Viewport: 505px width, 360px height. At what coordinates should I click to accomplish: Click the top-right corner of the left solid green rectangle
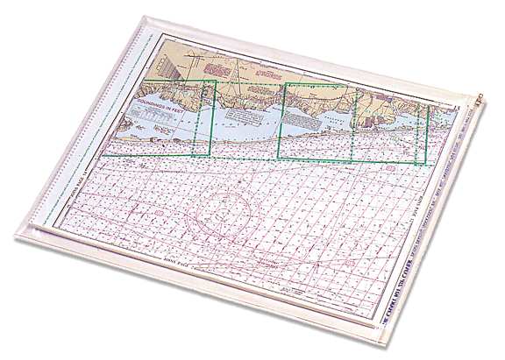click(216, 81)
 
